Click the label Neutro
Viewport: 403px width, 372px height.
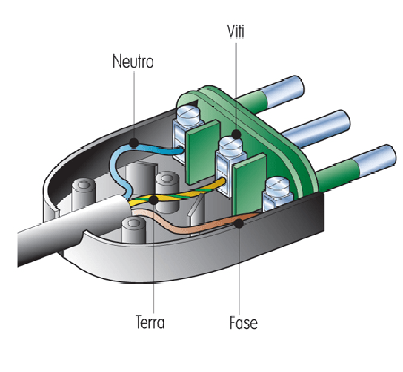coord(133,62)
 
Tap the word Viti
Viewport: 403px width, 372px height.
coord(236,31)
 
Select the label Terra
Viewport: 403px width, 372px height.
coord(150,322)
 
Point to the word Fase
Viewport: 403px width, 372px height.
coord(244,322)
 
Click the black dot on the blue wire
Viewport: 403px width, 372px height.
coord(134,143)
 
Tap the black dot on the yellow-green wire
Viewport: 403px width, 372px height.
coord(153,200)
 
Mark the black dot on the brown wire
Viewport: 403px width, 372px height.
coord(239,223)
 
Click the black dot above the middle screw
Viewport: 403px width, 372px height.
coord(236,134)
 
